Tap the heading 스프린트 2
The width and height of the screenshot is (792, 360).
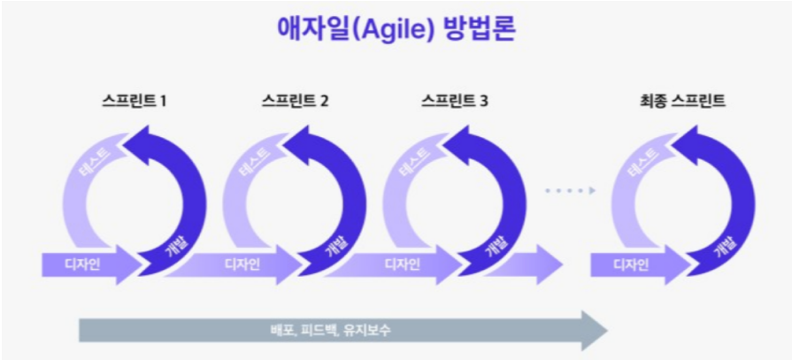coord(296,101)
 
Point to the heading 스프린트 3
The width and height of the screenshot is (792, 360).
coord(455,101)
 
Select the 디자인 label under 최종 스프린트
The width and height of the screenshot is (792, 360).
coord(632,264)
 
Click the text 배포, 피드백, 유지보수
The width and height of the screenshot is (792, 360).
coord(330,330)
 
